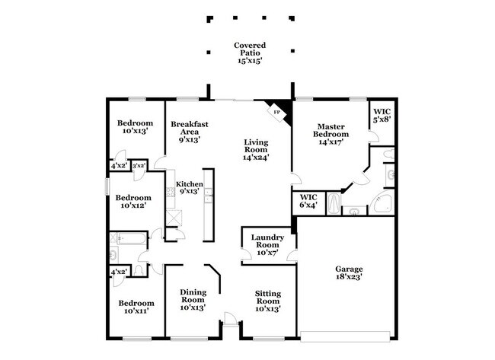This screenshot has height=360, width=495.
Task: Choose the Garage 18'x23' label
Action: [350, 273]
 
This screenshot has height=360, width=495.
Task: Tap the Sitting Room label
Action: [267, 302]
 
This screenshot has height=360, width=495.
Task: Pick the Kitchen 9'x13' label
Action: [188, 187]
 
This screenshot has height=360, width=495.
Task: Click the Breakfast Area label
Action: [189, 132]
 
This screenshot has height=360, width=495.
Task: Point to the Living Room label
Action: [256, 149]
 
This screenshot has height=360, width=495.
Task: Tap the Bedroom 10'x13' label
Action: [135, 126]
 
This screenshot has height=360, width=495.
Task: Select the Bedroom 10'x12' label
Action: [133, 199]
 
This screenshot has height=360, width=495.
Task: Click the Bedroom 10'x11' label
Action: [136, 307]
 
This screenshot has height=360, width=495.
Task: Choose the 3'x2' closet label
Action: [139, 165]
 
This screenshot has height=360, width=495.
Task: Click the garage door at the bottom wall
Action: [349, 335]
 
